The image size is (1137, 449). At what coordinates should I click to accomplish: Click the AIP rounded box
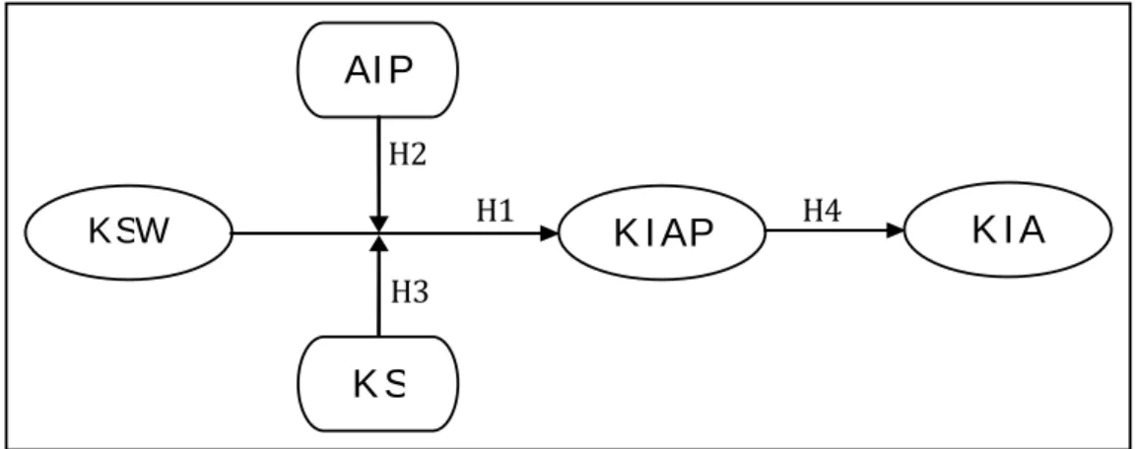click(377, 70)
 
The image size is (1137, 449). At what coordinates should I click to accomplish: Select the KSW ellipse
click(129, 232)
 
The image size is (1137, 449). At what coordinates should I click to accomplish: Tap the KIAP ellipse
click(662, 232)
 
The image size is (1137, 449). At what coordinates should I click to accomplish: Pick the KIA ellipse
click(1008, 229)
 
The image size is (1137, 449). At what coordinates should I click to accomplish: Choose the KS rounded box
click(377, 384)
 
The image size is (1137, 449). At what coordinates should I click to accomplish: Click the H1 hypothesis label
click(496, 211)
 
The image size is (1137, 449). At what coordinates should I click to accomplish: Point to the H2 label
click(408, 155)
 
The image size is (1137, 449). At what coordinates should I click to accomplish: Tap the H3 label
click(411, 292)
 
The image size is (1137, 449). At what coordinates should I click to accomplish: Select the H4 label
click(823, 211)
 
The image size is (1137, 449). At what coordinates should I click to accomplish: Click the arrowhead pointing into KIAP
click(550, 232)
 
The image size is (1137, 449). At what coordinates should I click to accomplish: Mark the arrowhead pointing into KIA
click(896, 230)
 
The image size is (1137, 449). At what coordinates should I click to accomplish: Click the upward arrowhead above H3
click(378, 242)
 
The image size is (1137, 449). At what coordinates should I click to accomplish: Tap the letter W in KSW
click(155, 231)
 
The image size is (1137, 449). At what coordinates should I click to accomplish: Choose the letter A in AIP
click(359, 70)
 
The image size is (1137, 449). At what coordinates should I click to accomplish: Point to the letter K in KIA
click(982, 230)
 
